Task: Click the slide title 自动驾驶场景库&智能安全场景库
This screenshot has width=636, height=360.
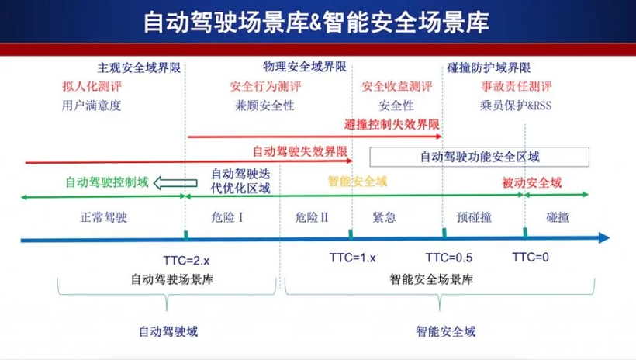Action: point(316,21)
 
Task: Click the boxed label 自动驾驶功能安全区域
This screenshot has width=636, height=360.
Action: point(479,157)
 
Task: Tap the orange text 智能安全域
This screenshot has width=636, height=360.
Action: point(357,182)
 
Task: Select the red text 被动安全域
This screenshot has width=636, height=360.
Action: point(531,182)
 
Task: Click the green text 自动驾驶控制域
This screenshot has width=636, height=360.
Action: point(106,182)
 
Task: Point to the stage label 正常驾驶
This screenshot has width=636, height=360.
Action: point(102,217)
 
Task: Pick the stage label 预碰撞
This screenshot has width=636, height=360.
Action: point(474,217)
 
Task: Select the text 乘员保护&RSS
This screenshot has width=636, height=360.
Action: point(516,106)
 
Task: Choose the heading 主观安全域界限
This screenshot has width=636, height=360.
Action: point(139,67)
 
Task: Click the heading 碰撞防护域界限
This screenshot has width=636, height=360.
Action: point(489,67)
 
